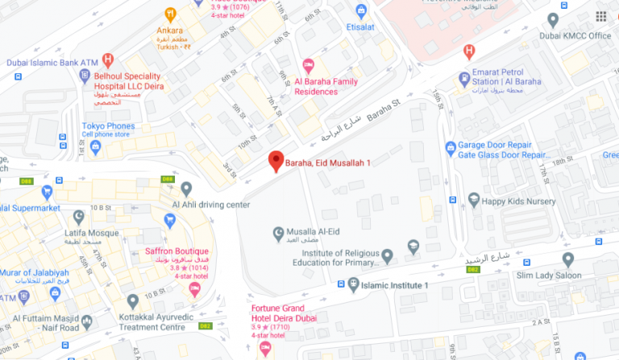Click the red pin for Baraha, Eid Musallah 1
(276, 160)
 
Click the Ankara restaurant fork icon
(170, 14)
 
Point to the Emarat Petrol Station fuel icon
(463, 80)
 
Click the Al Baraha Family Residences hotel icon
(307, 65)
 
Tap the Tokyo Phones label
(108, 126)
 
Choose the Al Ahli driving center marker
(186, 189)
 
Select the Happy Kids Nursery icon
(474, 200)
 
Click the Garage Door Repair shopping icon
(451, 147)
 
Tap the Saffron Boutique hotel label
(177, 251)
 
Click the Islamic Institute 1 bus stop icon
(353, 284)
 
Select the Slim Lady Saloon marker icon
(567, 259)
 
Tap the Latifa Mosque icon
(79, 216)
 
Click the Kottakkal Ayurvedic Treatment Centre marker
(134, 301)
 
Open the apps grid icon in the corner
(601, 16)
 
